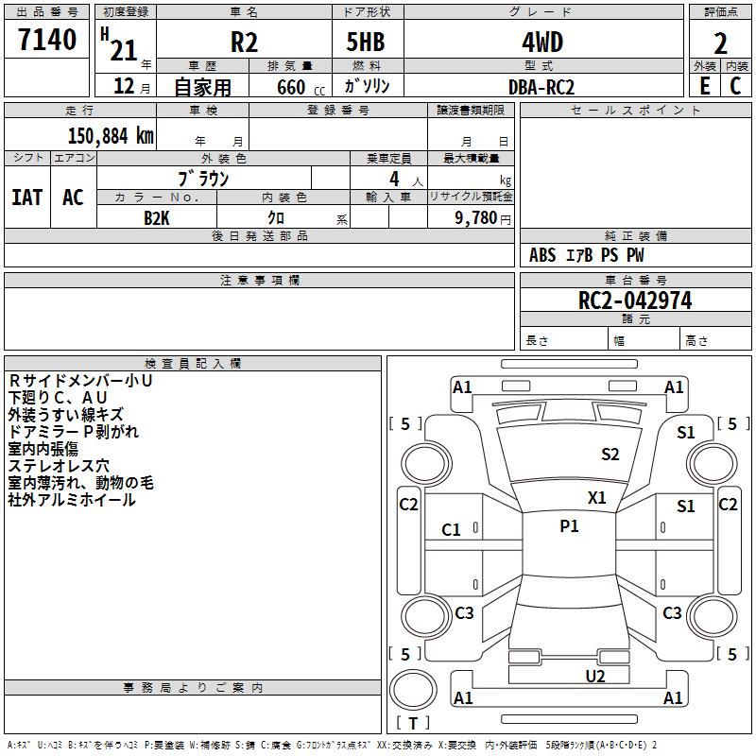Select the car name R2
tap(245, 43)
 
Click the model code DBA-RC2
tap(541, 87)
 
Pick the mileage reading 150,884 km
tap(111, 135)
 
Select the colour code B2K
tap(156, 217)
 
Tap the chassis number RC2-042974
tap(635, 301)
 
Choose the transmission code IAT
tap(27, 198)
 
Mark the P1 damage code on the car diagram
tap(569, 526)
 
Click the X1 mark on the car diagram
tap(597, 497)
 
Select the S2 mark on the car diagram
tap(610, 455)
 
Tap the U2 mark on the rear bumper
tap(594, 676)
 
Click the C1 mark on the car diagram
tap(452, 530)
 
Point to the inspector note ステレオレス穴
tap(59, 466)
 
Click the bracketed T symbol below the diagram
tap(413, 723)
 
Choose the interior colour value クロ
tap(290, 217)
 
